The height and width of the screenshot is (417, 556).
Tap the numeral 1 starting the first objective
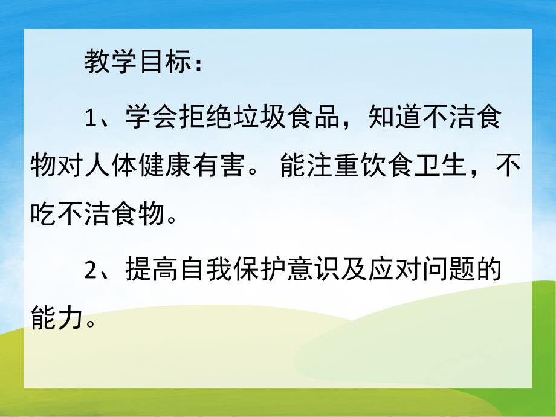(x=91, y=117)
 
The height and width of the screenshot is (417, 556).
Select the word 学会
(x=145, y=117)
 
